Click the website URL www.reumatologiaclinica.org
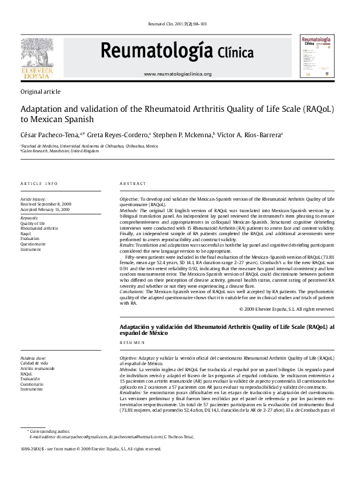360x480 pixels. (x=177, y=74)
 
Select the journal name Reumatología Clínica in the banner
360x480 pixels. (x=177, y=52)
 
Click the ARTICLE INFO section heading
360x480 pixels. (x=39, y=183)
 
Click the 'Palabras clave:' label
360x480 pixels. (x=33, y=358)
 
